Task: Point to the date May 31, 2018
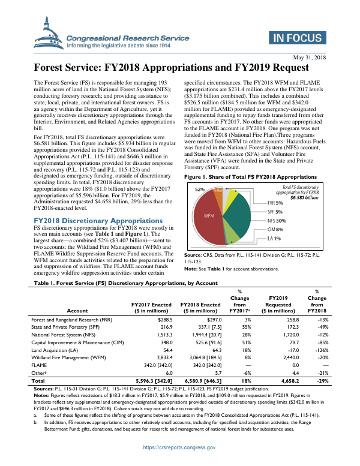[310, 57]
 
